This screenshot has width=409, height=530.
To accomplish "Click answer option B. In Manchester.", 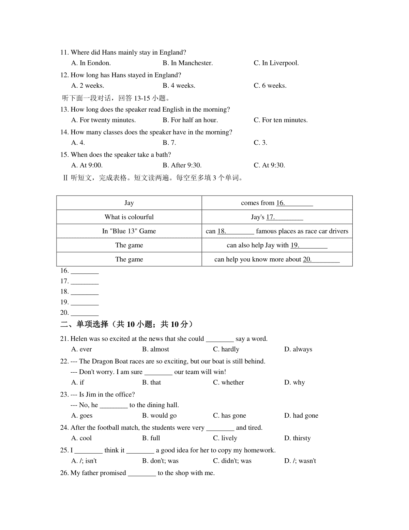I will click(x=187, y=63).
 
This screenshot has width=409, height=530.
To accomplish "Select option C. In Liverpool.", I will click(x=276, y=63).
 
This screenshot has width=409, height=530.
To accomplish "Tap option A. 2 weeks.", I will click(x=88, y=86).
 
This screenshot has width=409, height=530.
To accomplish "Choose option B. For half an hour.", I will click(x=190, y=120).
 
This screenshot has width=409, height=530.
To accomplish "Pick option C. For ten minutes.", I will click(x=281, y=120).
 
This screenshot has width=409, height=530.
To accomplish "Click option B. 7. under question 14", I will click(x=169, y=143).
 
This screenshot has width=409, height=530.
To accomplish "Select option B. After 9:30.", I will click(x=182, y=166).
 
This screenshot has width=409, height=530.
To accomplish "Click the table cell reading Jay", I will click(x=129, y=203).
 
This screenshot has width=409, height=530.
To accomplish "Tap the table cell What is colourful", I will click(x=129, y=217).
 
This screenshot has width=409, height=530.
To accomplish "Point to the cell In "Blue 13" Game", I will click(x=129, y=231).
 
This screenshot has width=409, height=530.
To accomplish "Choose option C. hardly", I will click(x=226, y=349).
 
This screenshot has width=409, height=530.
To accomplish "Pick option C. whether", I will click(x=228, y=383).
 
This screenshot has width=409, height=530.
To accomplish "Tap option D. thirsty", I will click(x=297, y=438).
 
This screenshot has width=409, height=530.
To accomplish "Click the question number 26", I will click(x=64, y=473).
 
